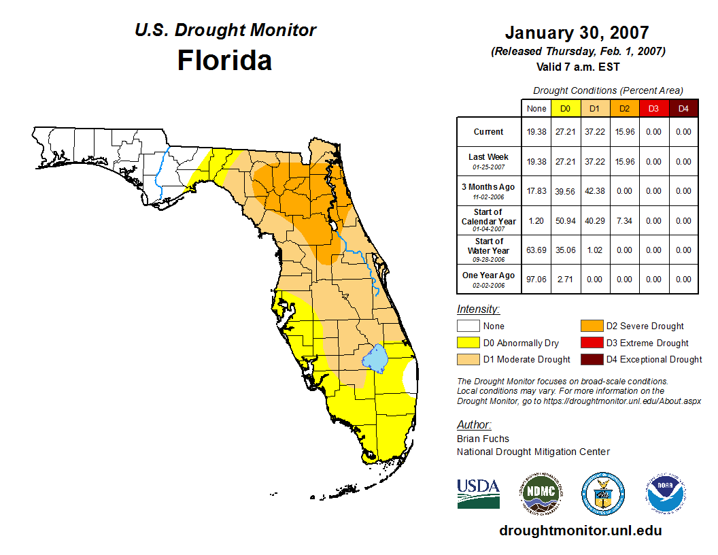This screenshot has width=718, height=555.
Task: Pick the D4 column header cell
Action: (683, 108)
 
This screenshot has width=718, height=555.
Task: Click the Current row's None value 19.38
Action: (536, 132)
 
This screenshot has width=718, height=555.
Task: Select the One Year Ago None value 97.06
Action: (536, 279)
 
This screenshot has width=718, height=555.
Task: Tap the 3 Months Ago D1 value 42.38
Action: (595, 191)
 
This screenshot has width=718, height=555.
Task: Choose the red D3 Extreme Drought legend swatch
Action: (590, 343)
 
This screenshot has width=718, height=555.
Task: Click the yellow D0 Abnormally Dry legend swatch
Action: (468, 343)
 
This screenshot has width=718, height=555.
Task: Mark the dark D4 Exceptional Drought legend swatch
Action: (590, 359)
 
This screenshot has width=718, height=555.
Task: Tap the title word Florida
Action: (224, 61)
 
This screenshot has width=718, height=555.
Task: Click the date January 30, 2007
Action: (577, 33)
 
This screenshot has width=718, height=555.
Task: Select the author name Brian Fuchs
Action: (483, 439)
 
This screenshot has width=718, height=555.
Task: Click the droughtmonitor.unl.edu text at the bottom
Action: (580, 531)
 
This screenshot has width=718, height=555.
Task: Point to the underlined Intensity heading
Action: (478, 309)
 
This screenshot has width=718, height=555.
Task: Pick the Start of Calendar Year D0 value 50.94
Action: (566, 220)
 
